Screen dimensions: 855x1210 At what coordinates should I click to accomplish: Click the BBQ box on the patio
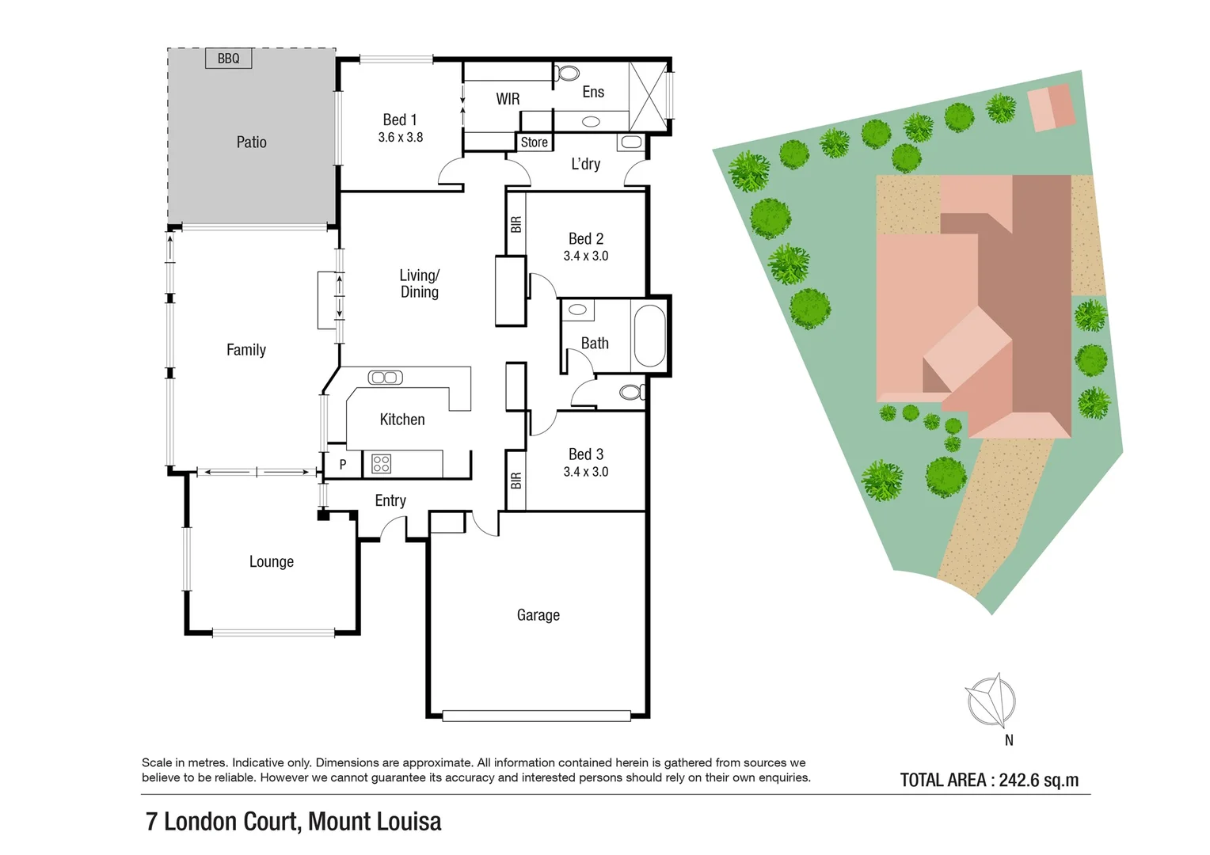pyautogui.click(x=228, y=59)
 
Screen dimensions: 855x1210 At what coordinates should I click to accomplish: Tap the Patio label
pyautogui.click(x=251, y=142)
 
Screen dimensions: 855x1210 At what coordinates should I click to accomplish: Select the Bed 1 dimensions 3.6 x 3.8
pyautogui.click(x=400, y=138)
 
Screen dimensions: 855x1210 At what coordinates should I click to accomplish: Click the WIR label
pyautogui.click(x=508, y=99)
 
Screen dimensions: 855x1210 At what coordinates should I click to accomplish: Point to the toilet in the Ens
pyautogui.click(x=566, y=73)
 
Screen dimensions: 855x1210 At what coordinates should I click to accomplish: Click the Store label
pyautogui.click(x=534, y=142)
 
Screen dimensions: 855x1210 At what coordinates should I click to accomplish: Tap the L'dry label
pyautogui.click(x=585, y=164)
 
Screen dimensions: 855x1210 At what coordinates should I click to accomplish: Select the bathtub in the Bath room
pyautogui.click(x=649, y=336)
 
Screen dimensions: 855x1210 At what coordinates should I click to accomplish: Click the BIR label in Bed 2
pyautogui.click(x=516, y=225)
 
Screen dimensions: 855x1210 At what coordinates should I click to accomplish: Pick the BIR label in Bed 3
pyautogui.click(x=516, y=481)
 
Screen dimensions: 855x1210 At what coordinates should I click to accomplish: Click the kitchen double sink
pyautogui.click(x=386, y=378)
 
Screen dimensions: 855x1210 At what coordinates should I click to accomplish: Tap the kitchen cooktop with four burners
pyautogui.click(x=381, y=464)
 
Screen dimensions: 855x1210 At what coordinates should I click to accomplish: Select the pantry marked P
pyautogui.click(x=343, y=465)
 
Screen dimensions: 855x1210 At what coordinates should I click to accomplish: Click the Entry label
pyautogui.click(x=390, y=500)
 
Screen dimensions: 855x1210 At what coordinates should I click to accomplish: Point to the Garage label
pyautogui.click(x=538, y=615)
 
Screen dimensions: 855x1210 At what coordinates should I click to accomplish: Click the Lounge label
pyautogui.click(x=272, y=562)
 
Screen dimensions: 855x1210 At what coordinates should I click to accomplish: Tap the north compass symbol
pyautogui.click(x=991, y=701)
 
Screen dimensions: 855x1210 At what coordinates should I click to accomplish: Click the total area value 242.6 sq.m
pyautogui.click(x=1038, y=781)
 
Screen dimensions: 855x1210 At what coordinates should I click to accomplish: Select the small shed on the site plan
pyautogui.click(x=1052, y=108)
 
